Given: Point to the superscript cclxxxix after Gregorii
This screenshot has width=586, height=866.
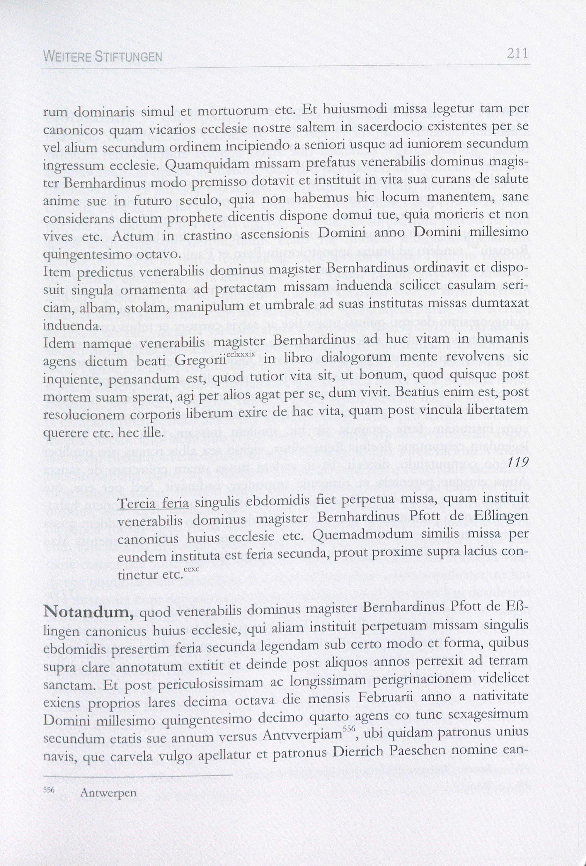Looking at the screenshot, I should (x=240, y=354).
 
